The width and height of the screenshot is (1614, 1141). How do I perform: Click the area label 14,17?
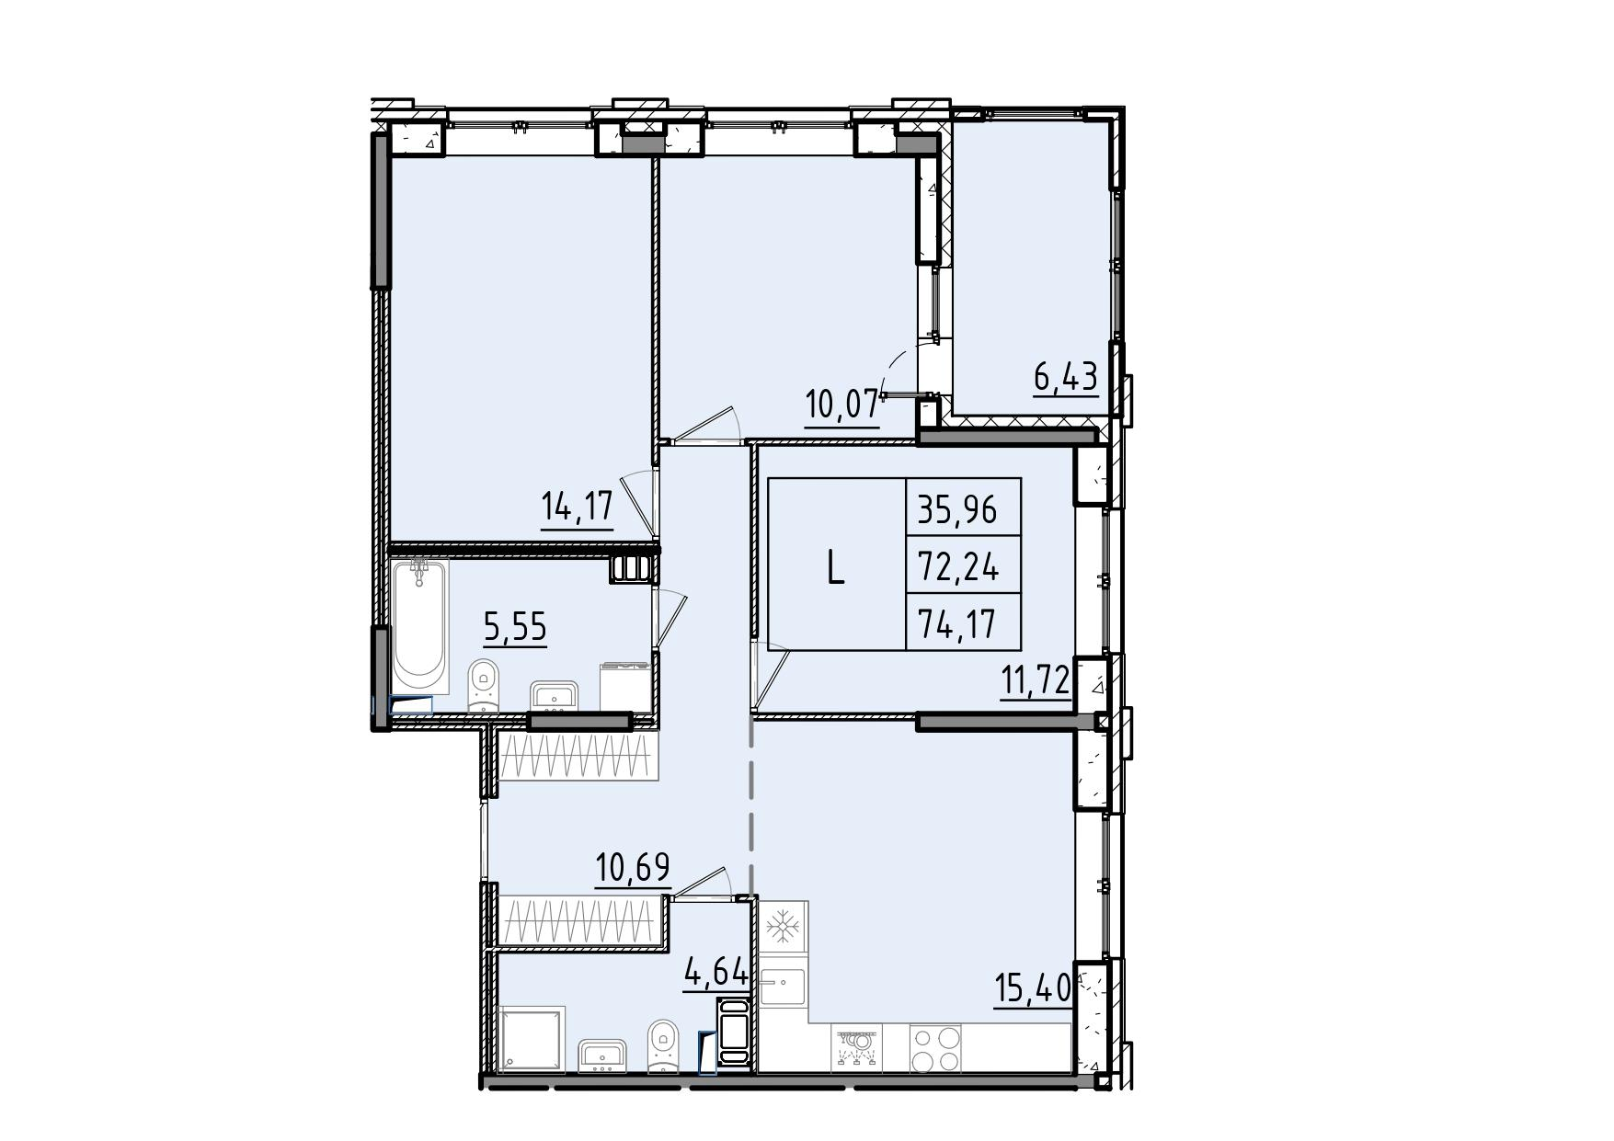(x=577, y=507)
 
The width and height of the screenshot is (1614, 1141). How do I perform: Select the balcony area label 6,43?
(x=1066, y=378)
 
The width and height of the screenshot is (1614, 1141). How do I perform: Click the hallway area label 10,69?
(x=633, y=868)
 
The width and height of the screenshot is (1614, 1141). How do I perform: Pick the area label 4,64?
(x=715, y=972)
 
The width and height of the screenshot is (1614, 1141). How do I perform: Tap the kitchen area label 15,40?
(x=1033, y=989)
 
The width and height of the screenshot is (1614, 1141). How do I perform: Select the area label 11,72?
(x=1036, y=681)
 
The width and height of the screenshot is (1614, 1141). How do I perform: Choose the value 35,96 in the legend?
(x=956, y=508)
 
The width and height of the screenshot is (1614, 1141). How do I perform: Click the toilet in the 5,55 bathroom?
(x=482, y=686)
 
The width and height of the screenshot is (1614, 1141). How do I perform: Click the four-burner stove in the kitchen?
(x=935, y=1048)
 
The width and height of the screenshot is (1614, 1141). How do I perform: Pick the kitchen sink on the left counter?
(x=783, y=983)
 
